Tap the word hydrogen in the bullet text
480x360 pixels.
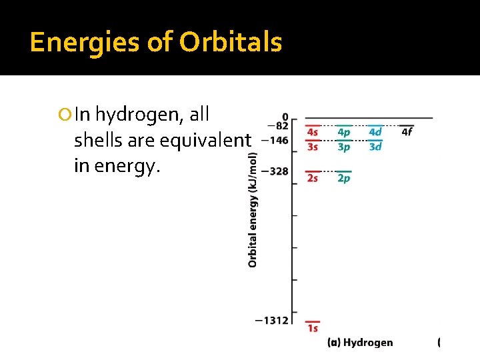pyautogui.click(x=139, y=115)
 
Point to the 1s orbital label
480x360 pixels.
pyautogui.click(x=313, y=328)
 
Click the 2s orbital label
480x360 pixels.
pyautogui.click(x=313, y=178)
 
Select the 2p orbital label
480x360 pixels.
pyautogui.click(x=343, y=178)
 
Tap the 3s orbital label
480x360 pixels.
pyautogui.click(x=313, y=147)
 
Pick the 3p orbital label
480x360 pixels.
pyautogui.click(x=343, y=147)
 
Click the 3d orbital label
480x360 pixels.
pyautogui.click(x=375, y=147)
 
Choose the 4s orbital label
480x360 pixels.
pyautogui.click(x=313, y=132)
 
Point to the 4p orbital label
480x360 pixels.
pyautogui.click(x=343, y=132)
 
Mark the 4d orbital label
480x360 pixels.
pyautogui.click(x=375, y=132)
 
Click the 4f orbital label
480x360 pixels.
pyautogui.click(x=407, y=132)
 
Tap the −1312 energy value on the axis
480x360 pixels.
pyautogui.click(x=271, y=321)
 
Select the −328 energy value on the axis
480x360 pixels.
pyautogui.click(x=274, y=172)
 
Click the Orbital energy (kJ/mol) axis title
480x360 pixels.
pyautogui.click(x=253, y=210)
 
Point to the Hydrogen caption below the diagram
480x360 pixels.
pyautogui.click(x=368, y=343)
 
